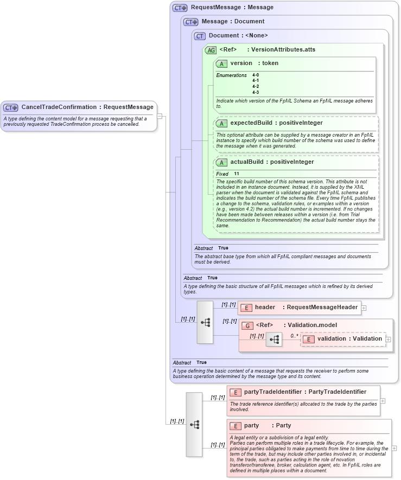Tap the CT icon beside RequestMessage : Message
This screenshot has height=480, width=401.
click(x=180, y=8)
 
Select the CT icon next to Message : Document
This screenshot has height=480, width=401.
click(x=191, y=22)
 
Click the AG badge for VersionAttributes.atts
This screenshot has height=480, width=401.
click(x=211, y=50)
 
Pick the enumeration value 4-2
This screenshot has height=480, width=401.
click(x=256, y=86)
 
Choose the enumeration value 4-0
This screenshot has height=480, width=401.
click(x=256, y=75)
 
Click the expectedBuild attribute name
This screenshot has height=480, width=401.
click(x=251, y=123)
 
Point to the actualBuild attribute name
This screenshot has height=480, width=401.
click(x=249, y=162)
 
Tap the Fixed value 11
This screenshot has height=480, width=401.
click(x=237, y=174)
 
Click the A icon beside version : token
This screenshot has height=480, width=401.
click(x=221, y=63)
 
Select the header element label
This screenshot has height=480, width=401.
click(x=265, y=308)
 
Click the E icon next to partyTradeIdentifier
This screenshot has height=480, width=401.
click(x=235, y=392)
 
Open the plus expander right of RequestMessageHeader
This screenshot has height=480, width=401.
click(x=364, y=308)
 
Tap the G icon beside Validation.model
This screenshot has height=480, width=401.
click(x=247, y=325)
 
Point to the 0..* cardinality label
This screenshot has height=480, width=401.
click(x=295, y=335)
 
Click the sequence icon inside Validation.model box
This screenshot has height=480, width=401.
click(x=274, y=340)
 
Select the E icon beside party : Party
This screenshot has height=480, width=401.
click(x=235, y=426)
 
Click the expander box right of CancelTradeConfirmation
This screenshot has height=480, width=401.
click(x=160, y=116)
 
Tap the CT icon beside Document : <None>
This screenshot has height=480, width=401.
click(x=200, y=36)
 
